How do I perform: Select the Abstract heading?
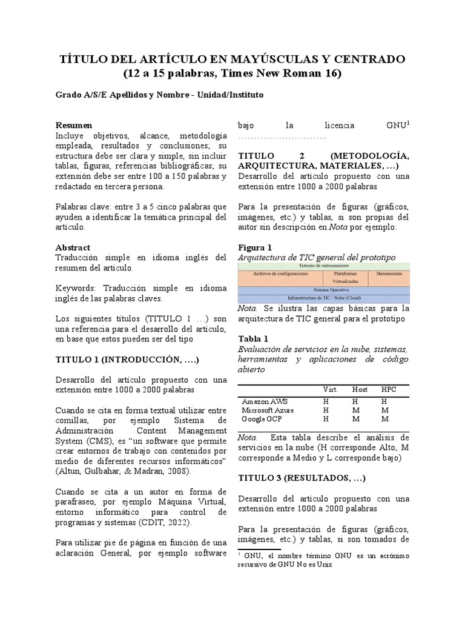coord(73,247)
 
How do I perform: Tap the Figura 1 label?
coord(255,247)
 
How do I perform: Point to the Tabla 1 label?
coord(253,338)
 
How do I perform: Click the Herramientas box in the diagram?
coord(389,274)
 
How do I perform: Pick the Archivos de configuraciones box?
coord(280,274)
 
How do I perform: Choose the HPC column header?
coord(389,389)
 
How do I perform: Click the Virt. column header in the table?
coord(331,389)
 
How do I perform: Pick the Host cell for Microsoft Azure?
coord(355,410)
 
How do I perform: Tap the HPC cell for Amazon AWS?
coord(384,401)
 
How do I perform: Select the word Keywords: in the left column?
coord(76,288)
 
